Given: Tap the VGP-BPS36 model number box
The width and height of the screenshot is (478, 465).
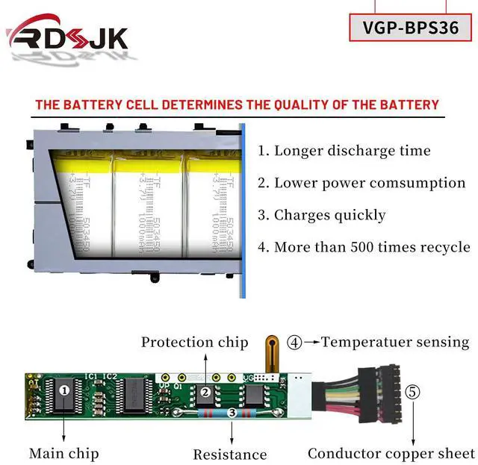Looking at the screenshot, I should (x=410, y=27).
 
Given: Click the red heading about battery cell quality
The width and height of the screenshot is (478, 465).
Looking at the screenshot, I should (x=237, y=104).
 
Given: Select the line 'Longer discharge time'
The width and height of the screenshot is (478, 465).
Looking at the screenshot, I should (x=355, y=151).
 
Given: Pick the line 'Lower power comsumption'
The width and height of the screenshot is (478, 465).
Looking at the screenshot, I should (x=372, y=183).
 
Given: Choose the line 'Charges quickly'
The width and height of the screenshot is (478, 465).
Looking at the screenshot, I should (x=332, y=215).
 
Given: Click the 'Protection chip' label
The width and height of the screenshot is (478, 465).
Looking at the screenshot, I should (x=194, y=343).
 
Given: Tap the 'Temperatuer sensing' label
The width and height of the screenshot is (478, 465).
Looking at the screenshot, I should (x=395, y=343).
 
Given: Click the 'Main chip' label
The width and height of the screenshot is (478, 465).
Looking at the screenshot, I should (x=63, y=453).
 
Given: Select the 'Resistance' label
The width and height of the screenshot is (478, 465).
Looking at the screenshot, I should (x=229, y=455).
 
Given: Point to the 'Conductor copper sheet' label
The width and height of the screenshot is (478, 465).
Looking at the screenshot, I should (x=391, y=453).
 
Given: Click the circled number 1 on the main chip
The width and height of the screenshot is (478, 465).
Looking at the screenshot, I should (x=65, y=390).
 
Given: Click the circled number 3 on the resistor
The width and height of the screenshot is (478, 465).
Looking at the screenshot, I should (x=232, y=412).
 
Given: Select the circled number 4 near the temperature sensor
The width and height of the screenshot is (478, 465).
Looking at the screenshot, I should (x=295, y=343).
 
